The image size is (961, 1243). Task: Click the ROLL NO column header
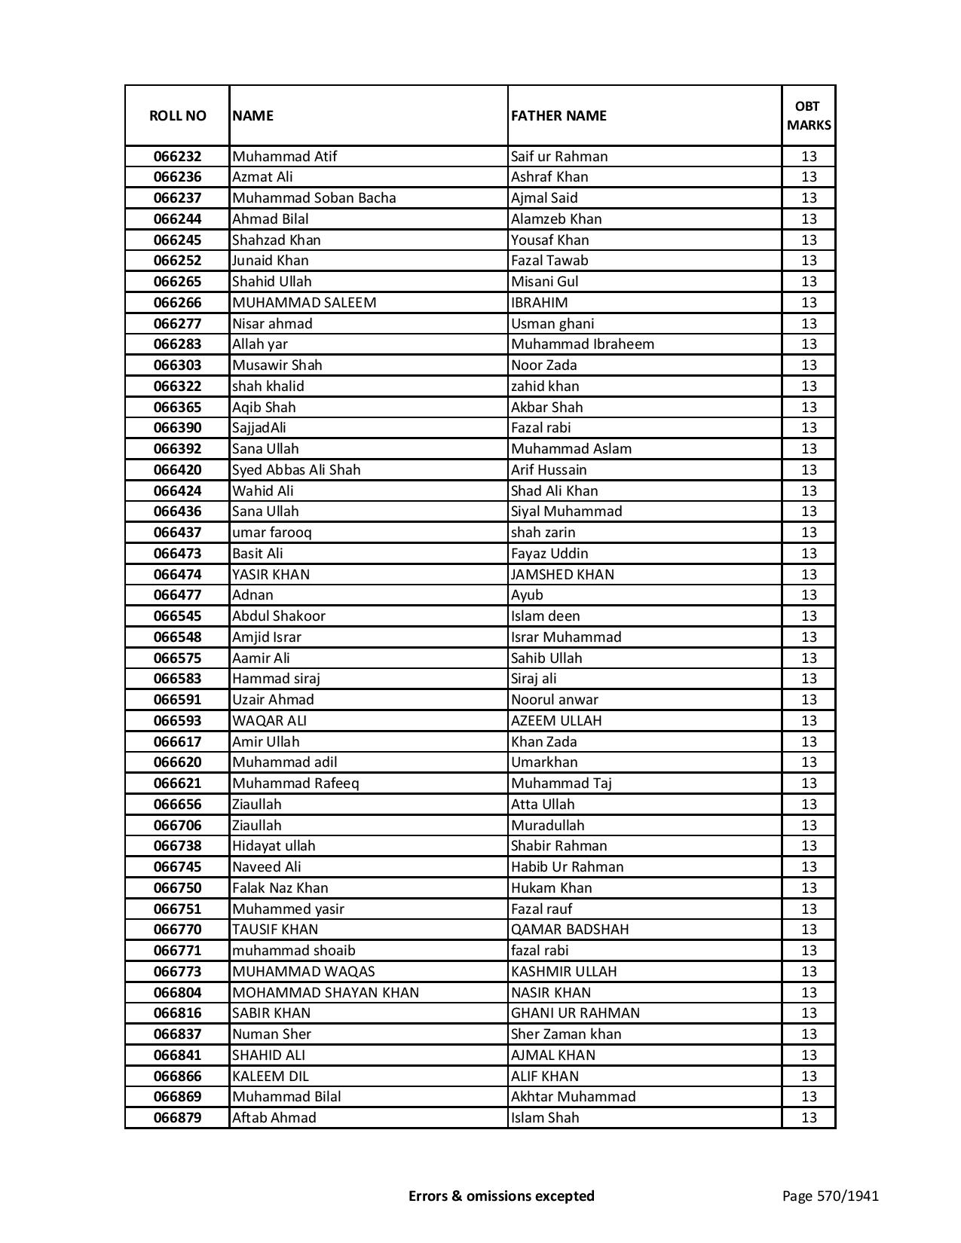coord(177,115)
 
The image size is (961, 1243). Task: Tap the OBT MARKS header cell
coord(809,115)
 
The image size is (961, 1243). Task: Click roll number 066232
coord(177,157)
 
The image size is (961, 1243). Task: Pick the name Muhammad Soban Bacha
coord(314,198)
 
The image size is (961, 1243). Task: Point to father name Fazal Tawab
coord(549,261)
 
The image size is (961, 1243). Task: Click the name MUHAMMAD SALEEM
coord(304,303)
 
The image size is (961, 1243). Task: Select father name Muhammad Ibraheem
coord(583,344)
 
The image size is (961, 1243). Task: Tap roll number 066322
coord(177,386)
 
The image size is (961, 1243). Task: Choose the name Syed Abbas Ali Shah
coord(296,470)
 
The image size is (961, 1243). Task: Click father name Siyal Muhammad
coord(567,512)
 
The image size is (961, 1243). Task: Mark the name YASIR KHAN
coord(271,575)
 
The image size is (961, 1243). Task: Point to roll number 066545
coord(177,616)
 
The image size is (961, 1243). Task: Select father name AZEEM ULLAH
coord(556,721)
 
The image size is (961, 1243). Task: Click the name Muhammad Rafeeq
coord(295,783)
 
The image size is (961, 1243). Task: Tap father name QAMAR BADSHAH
coord(570,930)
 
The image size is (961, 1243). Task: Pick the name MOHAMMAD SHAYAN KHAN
coord(326,993)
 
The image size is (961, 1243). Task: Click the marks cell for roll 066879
coord(809,1118)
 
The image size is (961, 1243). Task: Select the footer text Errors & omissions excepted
coord(501,1196)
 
